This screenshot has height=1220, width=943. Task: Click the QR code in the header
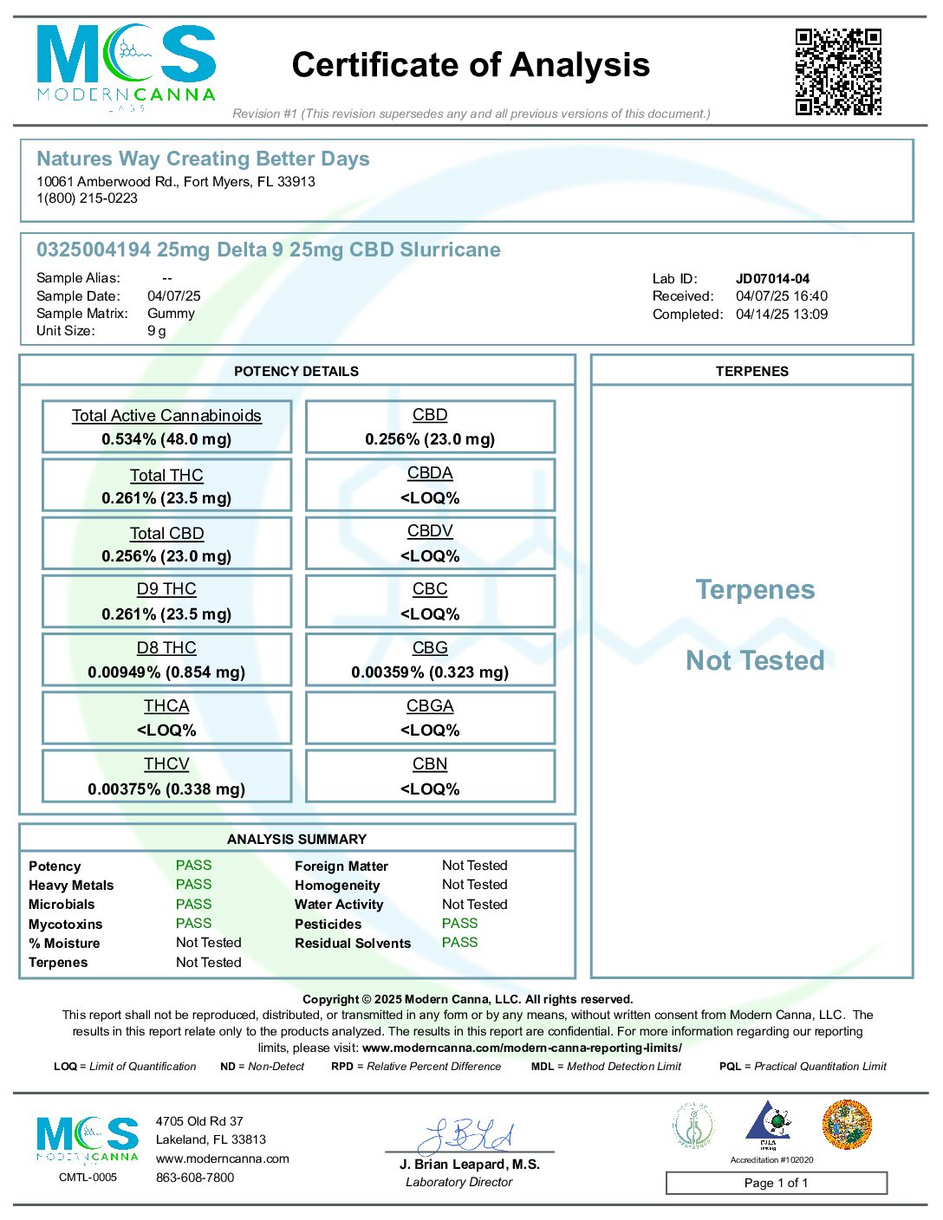[838, 72]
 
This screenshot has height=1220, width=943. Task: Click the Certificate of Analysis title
[471, 65]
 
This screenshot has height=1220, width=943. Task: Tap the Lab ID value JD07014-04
[772, 279]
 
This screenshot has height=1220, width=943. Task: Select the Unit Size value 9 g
[157, 331]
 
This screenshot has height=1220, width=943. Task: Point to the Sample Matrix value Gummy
[171, 314]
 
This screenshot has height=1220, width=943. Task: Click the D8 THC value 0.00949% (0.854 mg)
[166, 672]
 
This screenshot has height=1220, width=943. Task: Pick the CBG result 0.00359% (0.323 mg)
[430, 672]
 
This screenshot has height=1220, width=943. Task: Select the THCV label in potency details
[166, 764]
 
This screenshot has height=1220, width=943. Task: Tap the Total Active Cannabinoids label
[166, 416]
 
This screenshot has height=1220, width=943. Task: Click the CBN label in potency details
[430, 764]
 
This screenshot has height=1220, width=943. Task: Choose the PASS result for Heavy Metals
[193, 885]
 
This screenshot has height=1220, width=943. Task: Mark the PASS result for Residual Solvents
[459, 943]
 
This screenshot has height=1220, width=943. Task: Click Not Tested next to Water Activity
[474, 905]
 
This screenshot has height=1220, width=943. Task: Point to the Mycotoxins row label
[65, 925]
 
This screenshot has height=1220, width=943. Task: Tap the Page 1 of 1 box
[776, 1183]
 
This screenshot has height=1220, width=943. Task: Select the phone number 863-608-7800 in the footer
[195, 1178]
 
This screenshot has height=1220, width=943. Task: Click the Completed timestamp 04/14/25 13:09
[782, 315]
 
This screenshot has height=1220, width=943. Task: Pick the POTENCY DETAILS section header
[296, 372]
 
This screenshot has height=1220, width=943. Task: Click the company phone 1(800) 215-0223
[87, 198]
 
